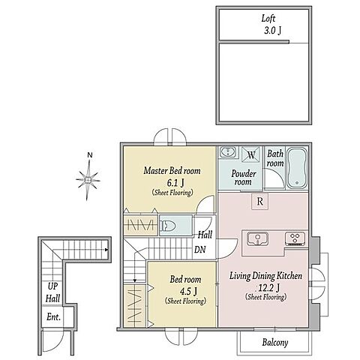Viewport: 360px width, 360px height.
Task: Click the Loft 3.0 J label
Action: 271,25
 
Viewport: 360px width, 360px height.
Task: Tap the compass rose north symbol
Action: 88,178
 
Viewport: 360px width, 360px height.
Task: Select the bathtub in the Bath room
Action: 297,168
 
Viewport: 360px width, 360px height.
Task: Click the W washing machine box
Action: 250,154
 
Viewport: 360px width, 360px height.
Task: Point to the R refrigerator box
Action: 259,201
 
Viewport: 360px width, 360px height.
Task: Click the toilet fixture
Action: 168,226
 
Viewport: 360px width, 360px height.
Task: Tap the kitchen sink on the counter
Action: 257,238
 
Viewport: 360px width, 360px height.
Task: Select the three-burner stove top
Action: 295,238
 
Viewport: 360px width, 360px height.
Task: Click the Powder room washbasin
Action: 227,152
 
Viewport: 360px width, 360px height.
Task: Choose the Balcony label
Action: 275,343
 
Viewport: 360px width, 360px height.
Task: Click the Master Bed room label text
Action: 172,171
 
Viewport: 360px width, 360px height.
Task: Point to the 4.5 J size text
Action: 188,291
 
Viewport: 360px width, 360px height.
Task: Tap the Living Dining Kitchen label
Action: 265,276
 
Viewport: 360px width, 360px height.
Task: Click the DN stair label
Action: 200,249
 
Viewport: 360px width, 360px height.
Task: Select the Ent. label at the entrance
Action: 53,317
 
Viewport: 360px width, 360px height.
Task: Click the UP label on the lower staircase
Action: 52,286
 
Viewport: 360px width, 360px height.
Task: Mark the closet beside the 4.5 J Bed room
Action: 135,306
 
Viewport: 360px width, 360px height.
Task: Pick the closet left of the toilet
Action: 141,225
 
